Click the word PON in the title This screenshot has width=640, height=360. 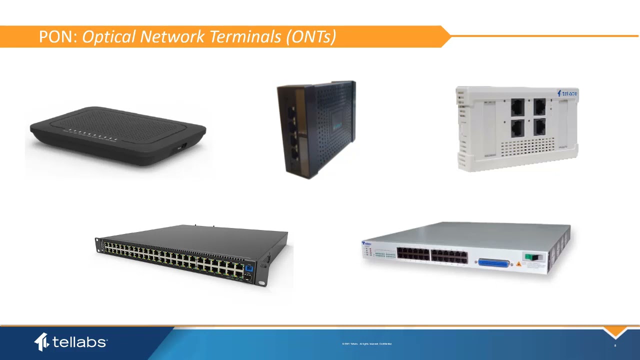tap(57, 37)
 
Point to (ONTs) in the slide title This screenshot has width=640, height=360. tap(310, 37)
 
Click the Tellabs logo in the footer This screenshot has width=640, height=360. tap(70, 342)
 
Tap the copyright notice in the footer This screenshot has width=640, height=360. tap(366, 344)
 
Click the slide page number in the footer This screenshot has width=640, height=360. tap(615, 345)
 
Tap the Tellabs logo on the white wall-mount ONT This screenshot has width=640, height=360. tap(567, 93)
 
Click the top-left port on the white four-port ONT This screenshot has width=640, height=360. tap(517, 106)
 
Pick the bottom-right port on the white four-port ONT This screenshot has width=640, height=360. tap(539, 127)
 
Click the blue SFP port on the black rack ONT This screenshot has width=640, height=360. tap(248, 268)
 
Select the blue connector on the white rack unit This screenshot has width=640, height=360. tap(494, 263)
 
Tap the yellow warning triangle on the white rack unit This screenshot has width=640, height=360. tap(518, 263)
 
